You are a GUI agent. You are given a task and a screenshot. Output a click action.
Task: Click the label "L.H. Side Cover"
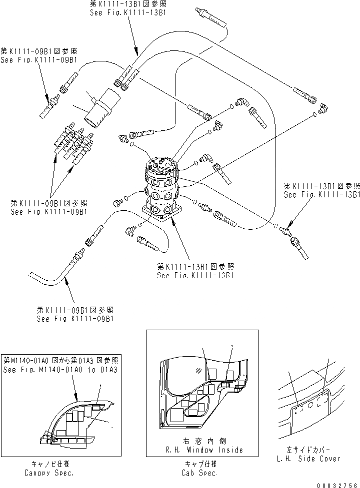point(309,458)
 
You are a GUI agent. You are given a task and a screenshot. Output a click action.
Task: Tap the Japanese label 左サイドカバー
point(309,450)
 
